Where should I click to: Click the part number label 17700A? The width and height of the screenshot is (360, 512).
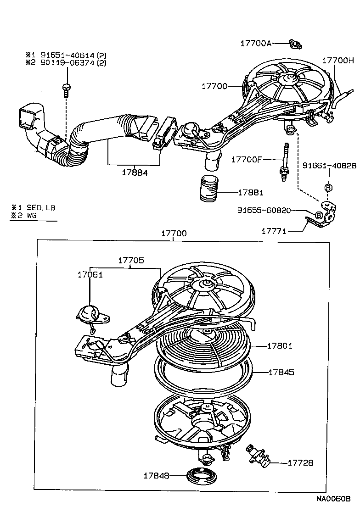[256, 43]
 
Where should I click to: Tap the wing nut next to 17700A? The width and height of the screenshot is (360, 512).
[294, 44]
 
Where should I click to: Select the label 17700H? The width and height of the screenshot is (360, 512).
[338, 60]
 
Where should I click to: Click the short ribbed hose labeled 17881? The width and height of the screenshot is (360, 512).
[209, 188]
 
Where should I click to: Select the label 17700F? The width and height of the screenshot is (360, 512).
[247, 159]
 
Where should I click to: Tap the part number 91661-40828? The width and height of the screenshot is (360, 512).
[329, 165]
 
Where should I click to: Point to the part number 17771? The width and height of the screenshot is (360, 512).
[274, 231]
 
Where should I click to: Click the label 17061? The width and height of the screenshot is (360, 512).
[90, 274]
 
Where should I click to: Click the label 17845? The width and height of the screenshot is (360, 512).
[281, 373]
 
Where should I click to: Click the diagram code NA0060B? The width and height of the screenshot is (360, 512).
[333, 498]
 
